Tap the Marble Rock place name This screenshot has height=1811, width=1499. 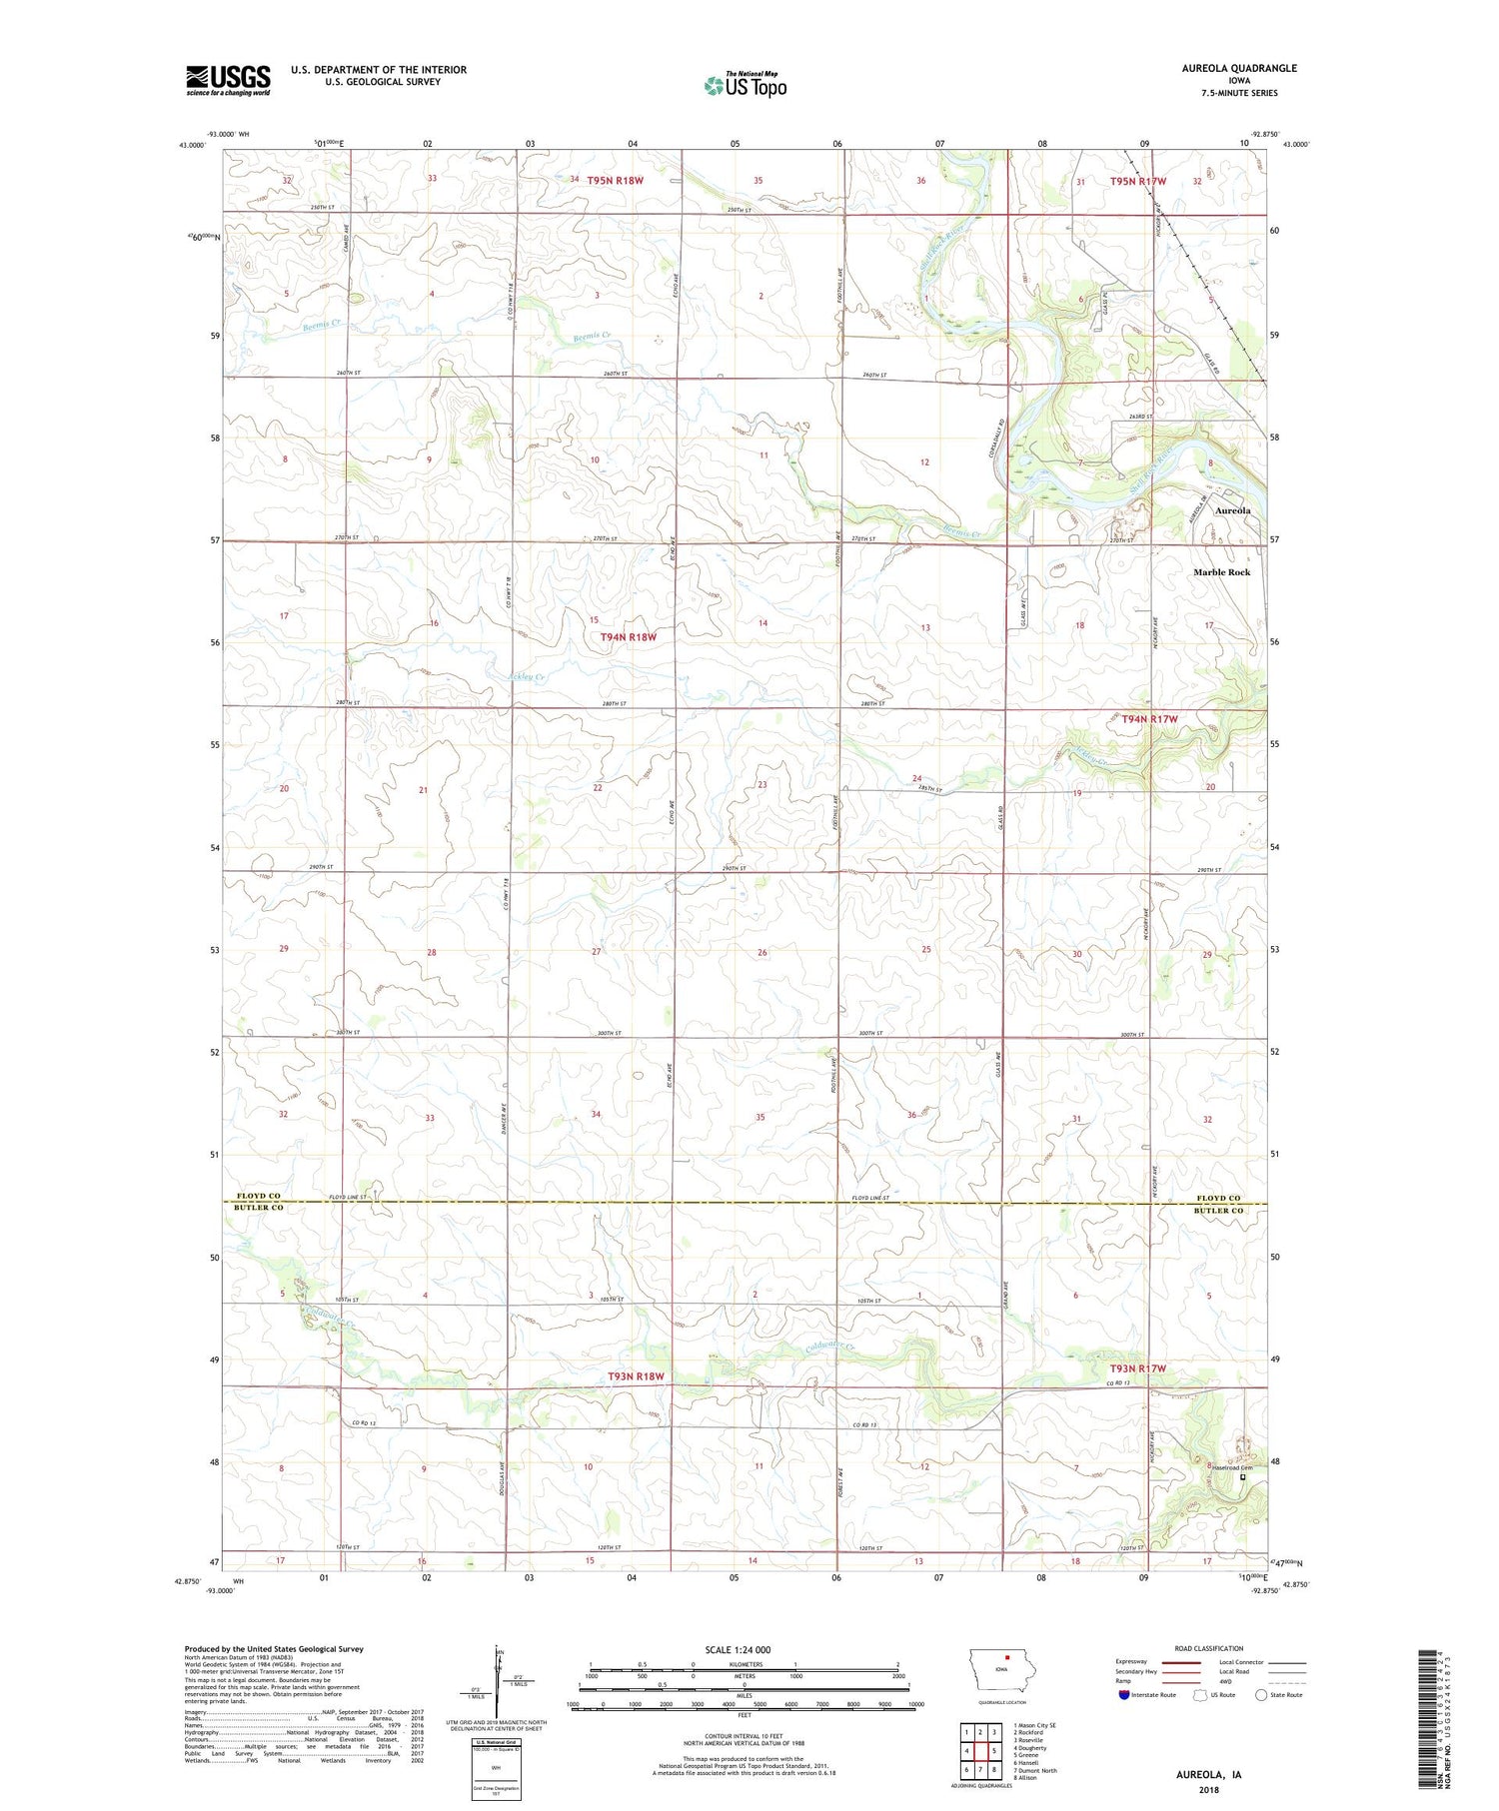click(1221, 572)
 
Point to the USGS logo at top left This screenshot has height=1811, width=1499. click(228, 80)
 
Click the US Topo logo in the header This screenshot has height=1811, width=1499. click(745, 86)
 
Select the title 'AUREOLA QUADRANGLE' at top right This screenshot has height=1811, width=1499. click(1236, 68)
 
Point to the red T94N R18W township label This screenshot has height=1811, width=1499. click(629, 637)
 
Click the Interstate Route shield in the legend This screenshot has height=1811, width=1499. click(1124, 1695)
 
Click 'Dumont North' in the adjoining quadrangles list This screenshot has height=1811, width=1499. click(1035, 1770)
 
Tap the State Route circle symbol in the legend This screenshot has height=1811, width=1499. click(1261, 1695)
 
